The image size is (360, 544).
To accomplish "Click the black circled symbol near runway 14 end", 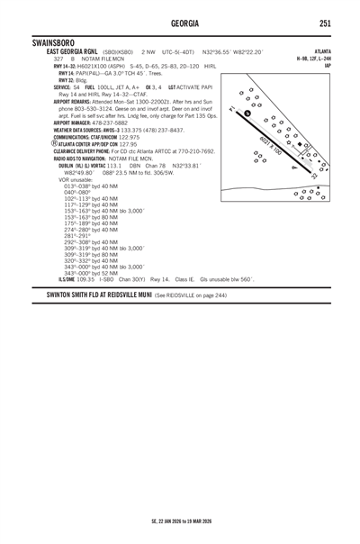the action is (x=247, y=113).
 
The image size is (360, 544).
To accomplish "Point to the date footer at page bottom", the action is (x=181, y=521).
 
